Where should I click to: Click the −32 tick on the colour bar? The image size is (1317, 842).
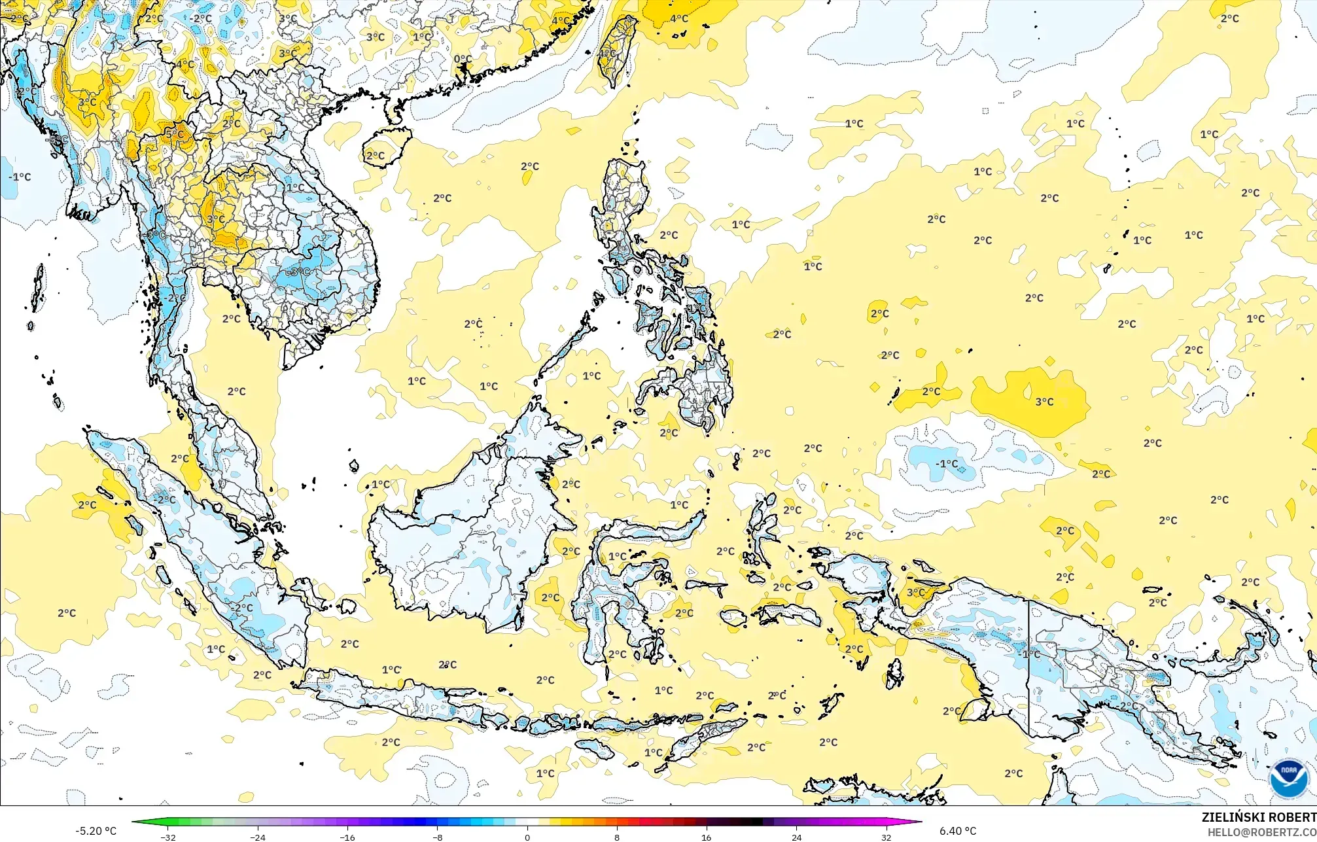tap(168, 837)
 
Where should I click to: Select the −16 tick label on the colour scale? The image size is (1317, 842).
tap(347, 837)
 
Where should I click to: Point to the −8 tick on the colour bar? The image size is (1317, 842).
tap(438, 837)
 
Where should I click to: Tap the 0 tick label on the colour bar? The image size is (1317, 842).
tap(527, 837)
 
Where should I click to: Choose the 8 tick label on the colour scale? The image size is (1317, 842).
tap(617, 837)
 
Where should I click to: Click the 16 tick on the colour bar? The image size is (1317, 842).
tap(707, 837)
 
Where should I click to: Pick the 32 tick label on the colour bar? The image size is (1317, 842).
tap(886, 837)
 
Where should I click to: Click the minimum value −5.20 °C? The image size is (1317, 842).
tap(96, 831)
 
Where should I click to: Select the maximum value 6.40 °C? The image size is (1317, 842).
tap(958, 831)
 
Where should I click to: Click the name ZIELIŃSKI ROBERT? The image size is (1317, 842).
tap(1258, 817)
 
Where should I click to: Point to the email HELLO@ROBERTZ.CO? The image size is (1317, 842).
tap(1261, 832)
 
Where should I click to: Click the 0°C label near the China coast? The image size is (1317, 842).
tap(463, 59)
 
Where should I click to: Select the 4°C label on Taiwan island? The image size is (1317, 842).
tap(608, 53)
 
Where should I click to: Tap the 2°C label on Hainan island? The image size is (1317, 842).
tap(375, 156)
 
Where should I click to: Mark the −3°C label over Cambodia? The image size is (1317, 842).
tap(298, 272)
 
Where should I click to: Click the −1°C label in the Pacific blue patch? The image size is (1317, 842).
tap(947, 464)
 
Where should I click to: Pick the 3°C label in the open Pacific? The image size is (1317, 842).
tap(1044, 402)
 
